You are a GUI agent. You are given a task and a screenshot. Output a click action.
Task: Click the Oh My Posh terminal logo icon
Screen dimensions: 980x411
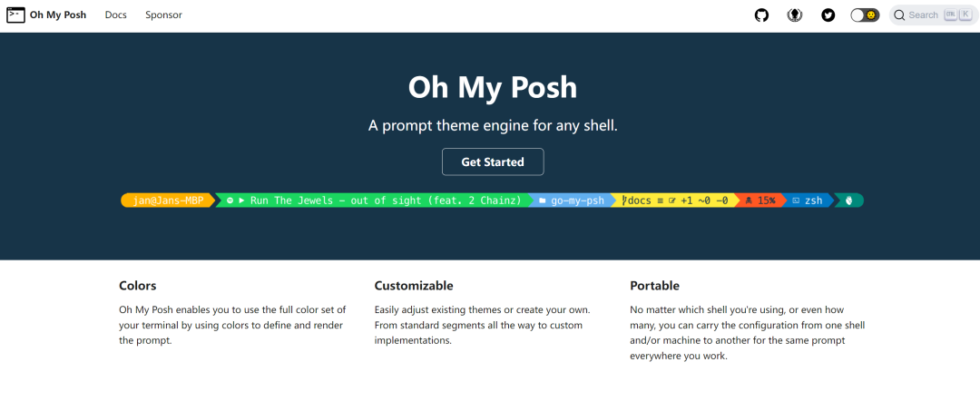15,15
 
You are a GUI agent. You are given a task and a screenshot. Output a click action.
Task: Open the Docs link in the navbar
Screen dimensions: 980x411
115,15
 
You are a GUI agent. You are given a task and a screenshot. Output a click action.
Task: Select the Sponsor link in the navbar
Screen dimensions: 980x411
163,15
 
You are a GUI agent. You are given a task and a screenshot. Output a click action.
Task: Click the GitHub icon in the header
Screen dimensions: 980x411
761,15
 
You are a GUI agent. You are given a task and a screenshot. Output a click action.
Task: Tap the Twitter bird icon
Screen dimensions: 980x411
828,15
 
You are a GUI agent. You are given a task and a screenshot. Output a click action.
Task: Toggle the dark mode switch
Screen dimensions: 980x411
865,15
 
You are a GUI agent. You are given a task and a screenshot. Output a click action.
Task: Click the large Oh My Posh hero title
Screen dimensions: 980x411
493,87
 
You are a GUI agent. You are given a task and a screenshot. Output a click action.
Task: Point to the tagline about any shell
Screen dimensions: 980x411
493,125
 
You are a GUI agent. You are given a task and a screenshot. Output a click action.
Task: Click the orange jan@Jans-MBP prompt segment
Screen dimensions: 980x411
168,201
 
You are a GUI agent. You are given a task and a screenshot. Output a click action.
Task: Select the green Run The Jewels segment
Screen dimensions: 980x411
374,201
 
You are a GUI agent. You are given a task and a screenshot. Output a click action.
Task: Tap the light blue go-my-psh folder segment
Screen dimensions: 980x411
571,201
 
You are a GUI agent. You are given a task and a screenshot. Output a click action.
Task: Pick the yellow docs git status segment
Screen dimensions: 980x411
674,201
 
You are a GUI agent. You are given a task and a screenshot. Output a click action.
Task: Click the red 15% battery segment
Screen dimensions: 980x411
760,201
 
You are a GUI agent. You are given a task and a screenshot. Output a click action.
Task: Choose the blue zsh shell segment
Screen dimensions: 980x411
808,201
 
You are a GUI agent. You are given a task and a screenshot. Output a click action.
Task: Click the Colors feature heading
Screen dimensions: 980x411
138,286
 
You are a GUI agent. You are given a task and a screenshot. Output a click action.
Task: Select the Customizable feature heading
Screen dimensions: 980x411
414,286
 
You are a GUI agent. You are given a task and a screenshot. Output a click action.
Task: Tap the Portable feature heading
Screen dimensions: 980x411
654,286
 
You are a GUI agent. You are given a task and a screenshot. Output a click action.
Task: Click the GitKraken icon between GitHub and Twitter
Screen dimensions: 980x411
795,15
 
